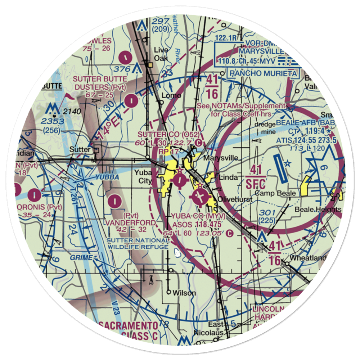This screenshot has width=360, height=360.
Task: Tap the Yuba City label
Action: tap(143, 177)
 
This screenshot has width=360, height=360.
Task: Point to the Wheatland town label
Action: tap(309, 258)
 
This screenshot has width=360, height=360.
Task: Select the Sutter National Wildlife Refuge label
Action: tap(138, 243)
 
